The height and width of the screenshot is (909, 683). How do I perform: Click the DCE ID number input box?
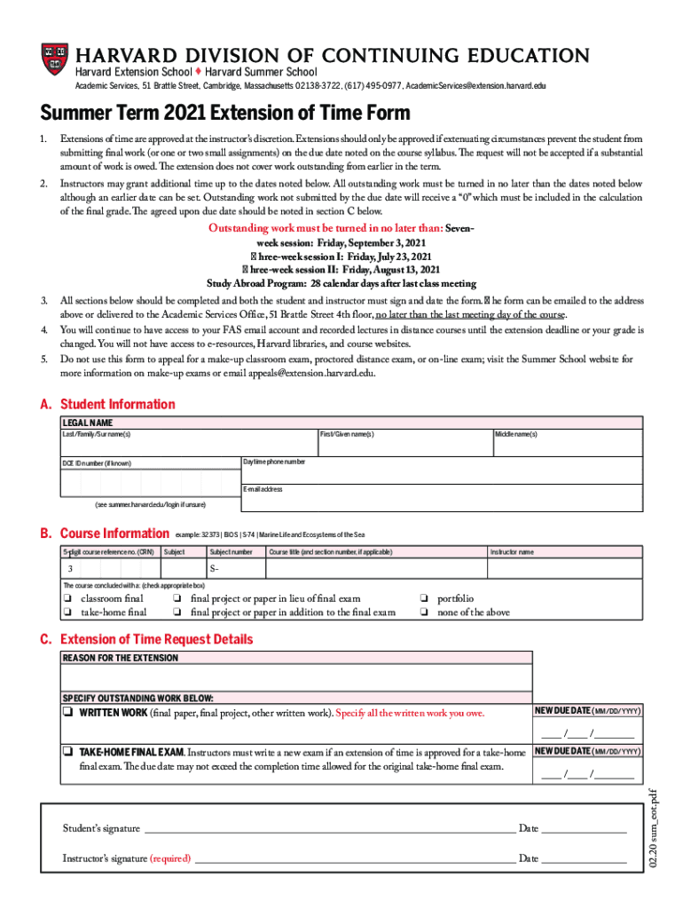pyautogui.click(x=149, y=482)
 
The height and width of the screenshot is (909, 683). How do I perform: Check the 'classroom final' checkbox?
pyautogui.click(x=67, y=599)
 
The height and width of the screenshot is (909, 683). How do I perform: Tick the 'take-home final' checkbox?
pyautogui.click(x=67, y=613)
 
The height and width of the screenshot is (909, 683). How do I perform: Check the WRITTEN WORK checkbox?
pyautogui.click(x=67, y=713)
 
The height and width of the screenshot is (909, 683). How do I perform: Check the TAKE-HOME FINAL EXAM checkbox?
pyautogui.click(x=67, y=751)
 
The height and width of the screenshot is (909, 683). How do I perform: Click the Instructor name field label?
pyautogui.click(x=512, y=552)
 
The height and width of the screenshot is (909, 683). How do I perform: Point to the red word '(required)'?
pyautogui.click(x=170, y=858)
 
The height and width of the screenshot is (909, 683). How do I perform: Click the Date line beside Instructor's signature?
pyautogui.click(x=584, y=859)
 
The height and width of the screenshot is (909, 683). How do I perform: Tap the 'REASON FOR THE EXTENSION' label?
pyautogui.click(x=120, y=658)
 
